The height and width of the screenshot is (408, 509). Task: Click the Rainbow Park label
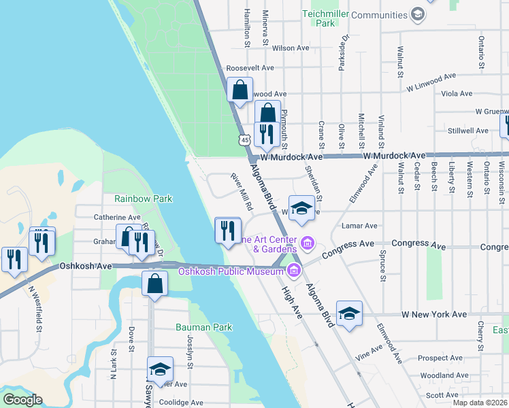click(x=144, y=199)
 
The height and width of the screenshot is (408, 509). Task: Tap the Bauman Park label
click(x=204, y=327)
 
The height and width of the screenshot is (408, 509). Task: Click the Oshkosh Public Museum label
click(x=231, y=272)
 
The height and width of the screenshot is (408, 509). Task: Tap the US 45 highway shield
click(x=244, y=139)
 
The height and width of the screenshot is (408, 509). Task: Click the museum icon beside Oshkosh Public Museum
click(x=294, y=271)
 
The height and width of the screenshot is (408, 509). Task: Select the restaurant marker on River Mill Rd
click(x=228, y=230)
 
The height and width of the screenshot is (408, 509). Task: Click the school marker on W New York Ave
click(x=349, y=313)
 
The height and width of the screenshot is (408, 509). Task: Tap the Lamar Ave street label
click(x=361, y=226)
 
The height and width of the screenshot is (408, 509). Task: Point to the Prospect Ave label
click(x=440, y=358)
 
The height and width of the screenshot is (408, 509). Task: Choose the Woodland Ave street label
click(x=444, y=375)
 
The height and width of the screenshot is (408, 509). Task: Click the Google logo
click(x=22, y=400)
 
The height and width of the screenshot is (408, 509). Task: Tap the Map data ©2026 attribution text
click(x=480, y=403)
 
